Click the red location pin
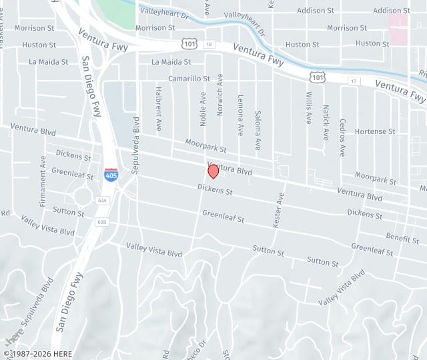213,171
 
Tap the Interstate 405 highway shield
111,175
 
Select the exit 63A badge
101,200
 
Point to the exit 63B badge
101,221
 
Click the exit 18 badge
209,44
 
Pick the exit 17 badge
354,81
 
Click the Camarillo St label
189,79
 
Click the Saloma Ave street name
258,130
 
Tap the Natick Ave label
326,122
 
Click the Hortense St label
375,132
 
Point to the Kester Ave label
278,210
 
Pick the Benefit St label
402,237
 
